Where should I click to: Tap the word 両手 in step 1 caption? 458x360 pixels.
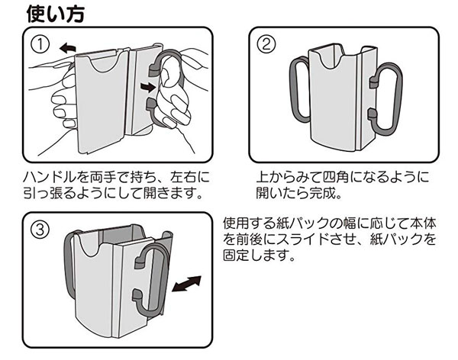click(x=103, y=176)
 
